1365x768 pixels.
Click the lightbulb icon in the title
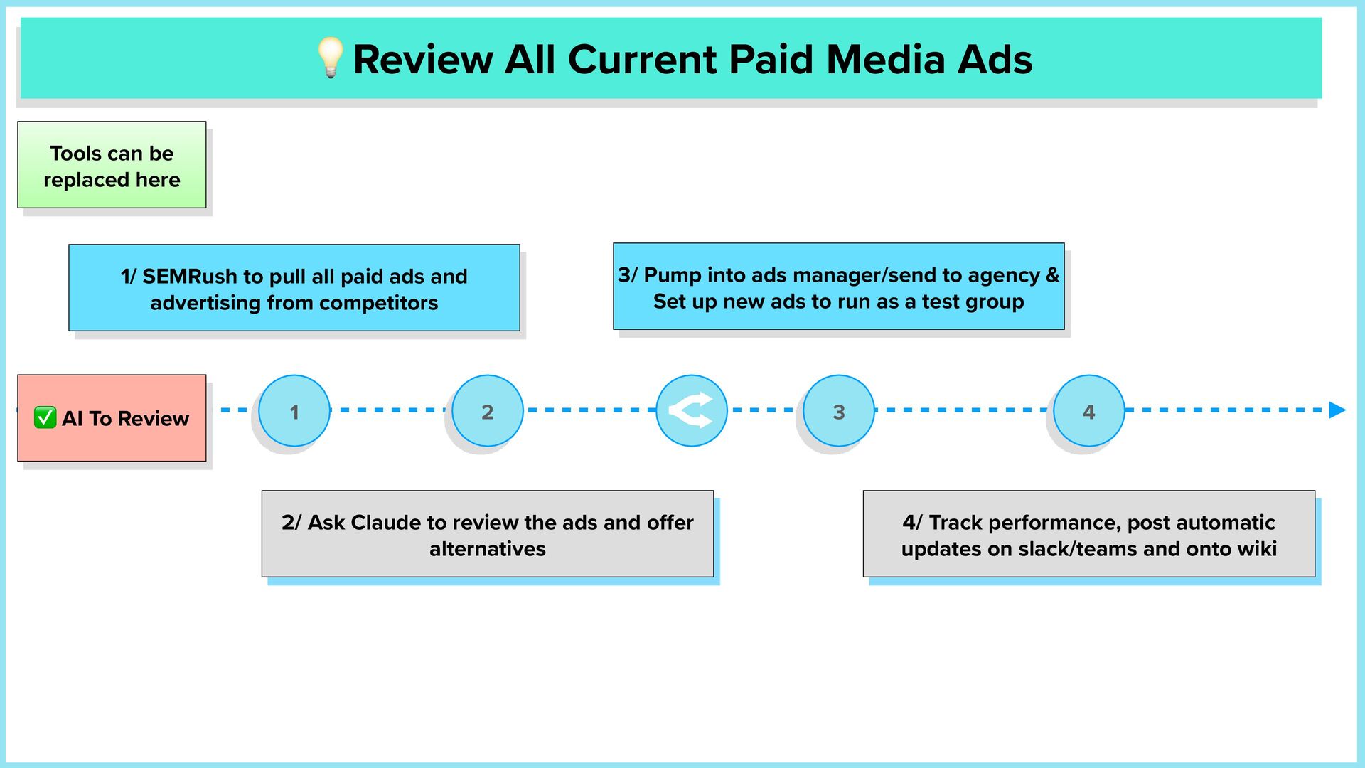[x=330, y=58]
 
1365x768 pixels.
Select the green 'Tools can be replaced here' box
[x=112, y=165]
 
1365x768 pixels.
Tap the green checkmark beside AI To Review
[x=45, y=417]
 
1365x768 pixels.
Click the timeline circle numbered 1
[x=294, y=411]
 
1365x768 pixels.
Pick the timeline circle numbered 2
[x=487, y=411]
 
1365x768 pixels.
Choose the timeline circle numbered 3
[x=838, y=411]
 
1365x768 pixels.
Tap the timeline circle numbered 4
[x=1088, y=411]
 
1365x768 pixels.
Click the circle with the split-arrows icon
[x=691, y=411]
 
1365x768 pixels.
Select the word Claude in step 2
[x=385, y=522]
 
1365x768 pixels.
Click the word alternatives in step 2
[x=488, y=548]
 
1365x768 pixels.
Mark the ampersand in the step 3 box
[x=1052, y=275]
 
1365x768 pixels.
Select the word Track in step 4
[x=955, y=522]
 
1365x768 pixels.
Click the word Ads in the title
[x=995, y=59]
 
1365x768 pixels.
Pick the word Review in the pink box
[x=154, y=418]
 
